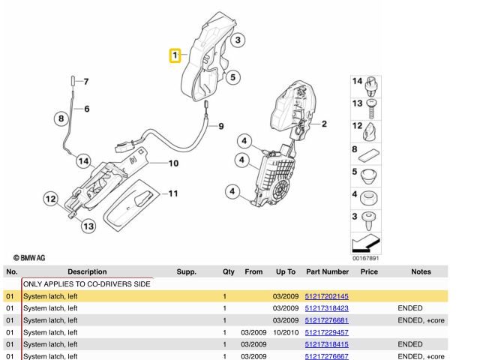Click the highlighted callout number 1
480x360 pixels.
[x=175, y=55]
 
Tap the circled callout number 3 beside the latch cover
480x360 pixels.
[x=236, y=40]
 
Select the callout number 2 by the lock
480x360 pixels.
[x=324, y=124]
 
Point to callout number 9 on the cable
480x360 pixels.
[x=220, y=126]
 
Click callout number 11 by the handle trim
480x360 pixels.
[x=172, y=194]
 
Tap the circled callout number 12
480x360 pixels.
[x=51, y=199]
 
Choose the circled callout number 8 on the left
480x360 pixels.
[x=61, y=117]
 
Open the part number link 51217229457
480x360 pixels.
[x=327, y=331]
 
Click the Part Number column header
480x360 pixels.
[x=327, y=271]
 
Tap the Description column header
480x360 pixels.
[x=87, y=271]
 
